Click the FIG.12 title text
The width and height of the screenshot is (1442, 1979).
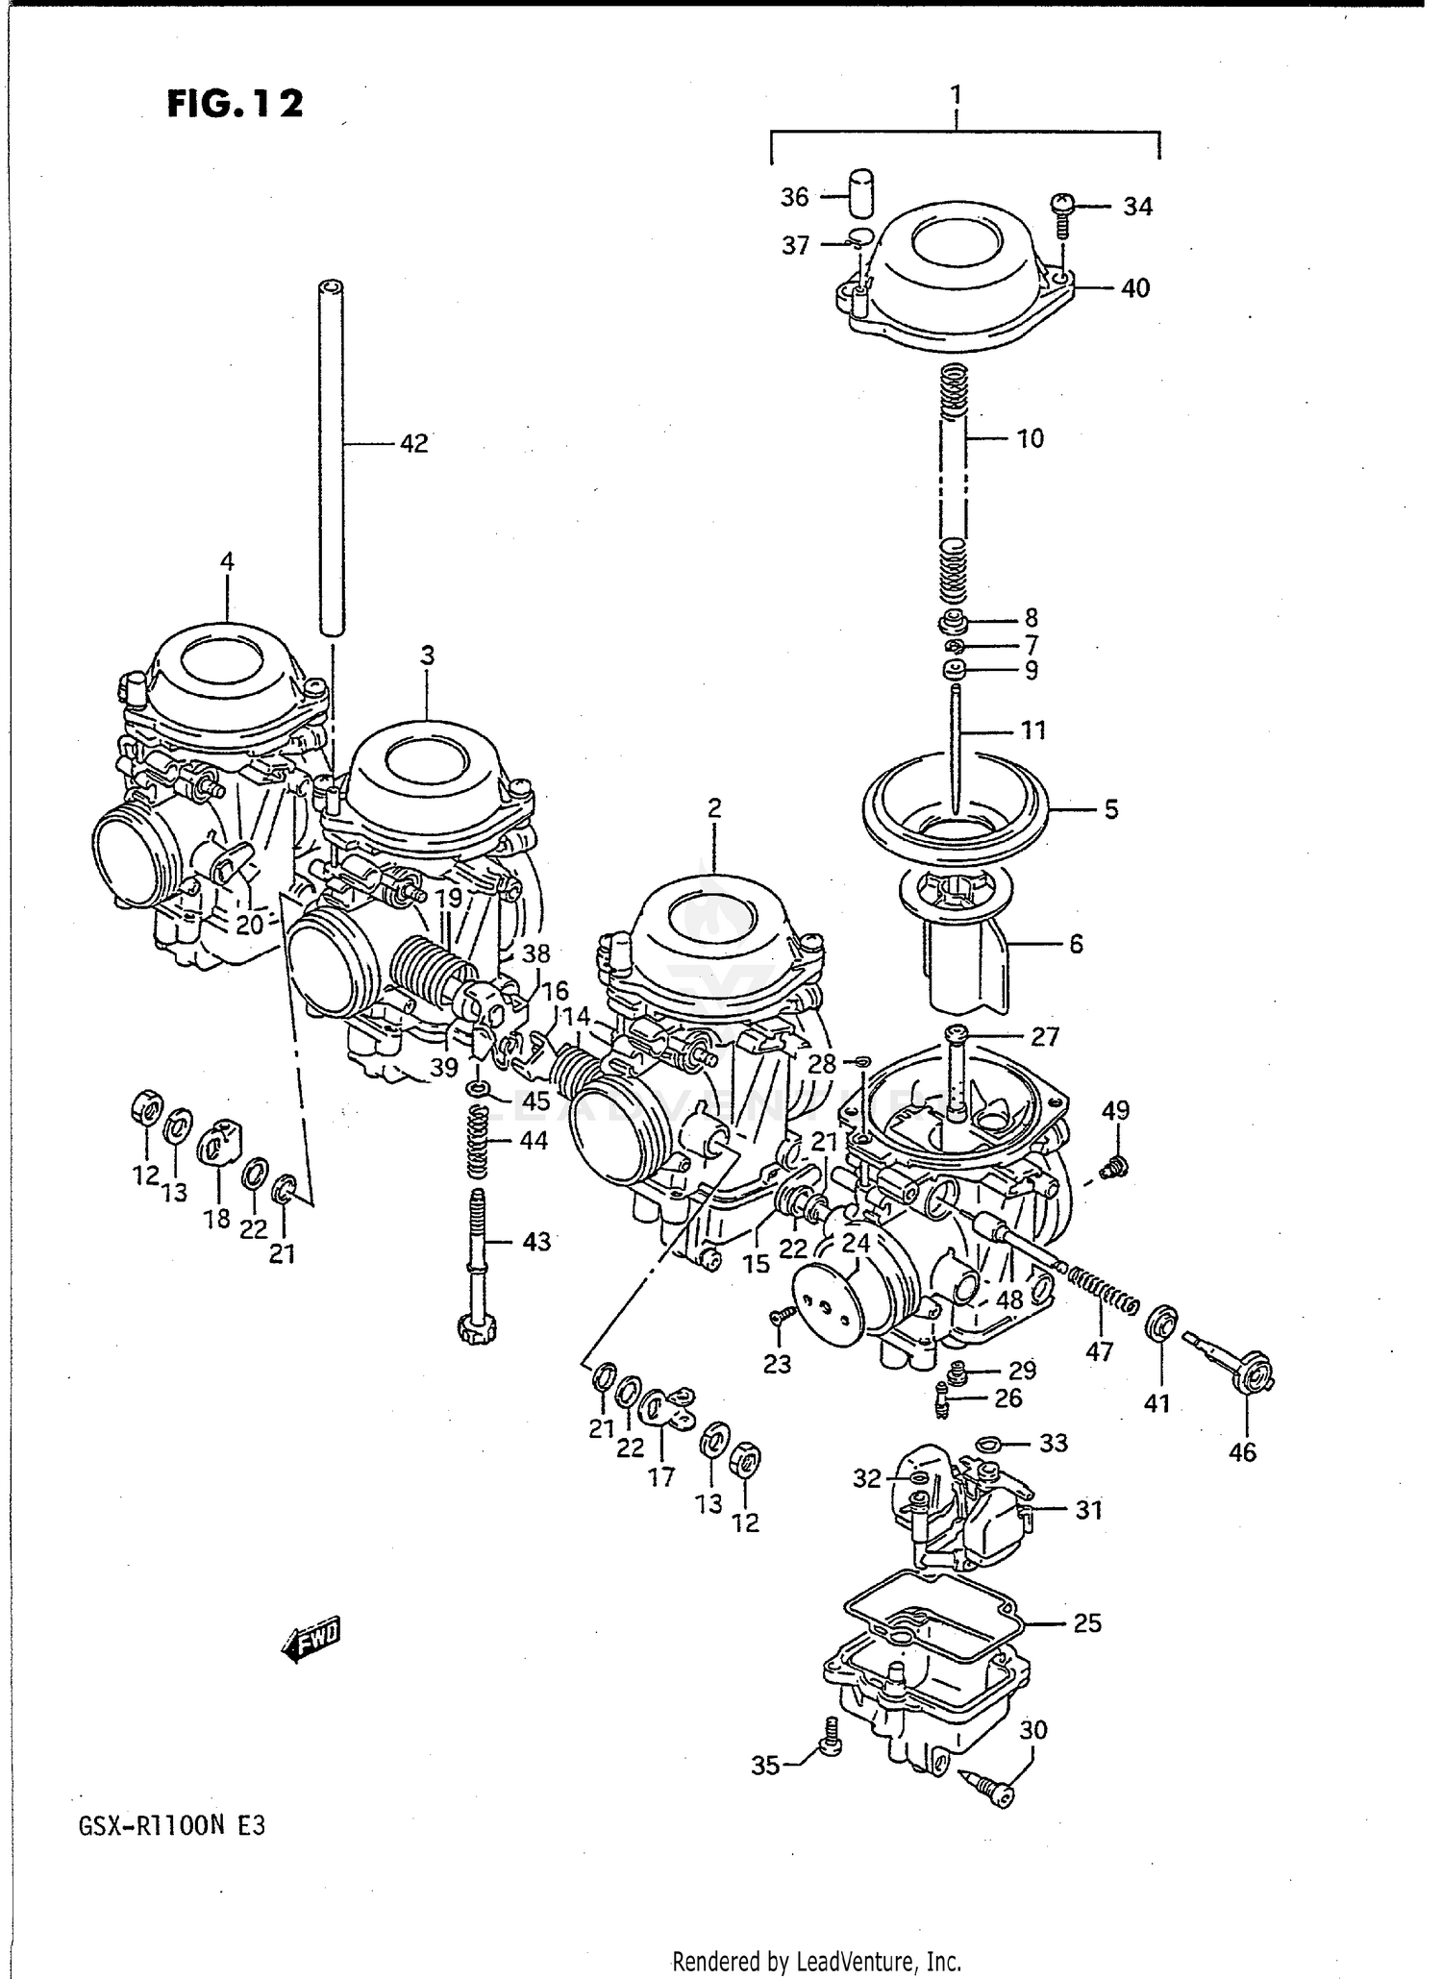(x=236, y=103)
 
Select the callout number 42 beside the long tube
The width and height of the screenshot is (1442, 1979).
(x=413, y=444)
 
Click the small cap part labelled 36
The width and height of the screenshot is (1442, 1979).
(x=863, y=195)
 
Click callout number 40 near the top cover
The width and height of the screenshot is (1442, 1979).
(x=1135, y=288)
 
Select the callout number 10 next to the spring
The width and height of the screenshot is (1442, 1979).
(x=1030, y=439)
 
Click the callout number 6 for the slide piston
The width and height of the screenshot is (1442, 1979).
(x=1076, y=945)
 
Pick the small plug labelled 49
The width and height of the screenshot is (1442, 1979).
(x=1115, y=1168)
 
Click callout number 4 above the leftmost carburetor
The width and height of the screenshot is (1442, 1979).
(x=227, y=561)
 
